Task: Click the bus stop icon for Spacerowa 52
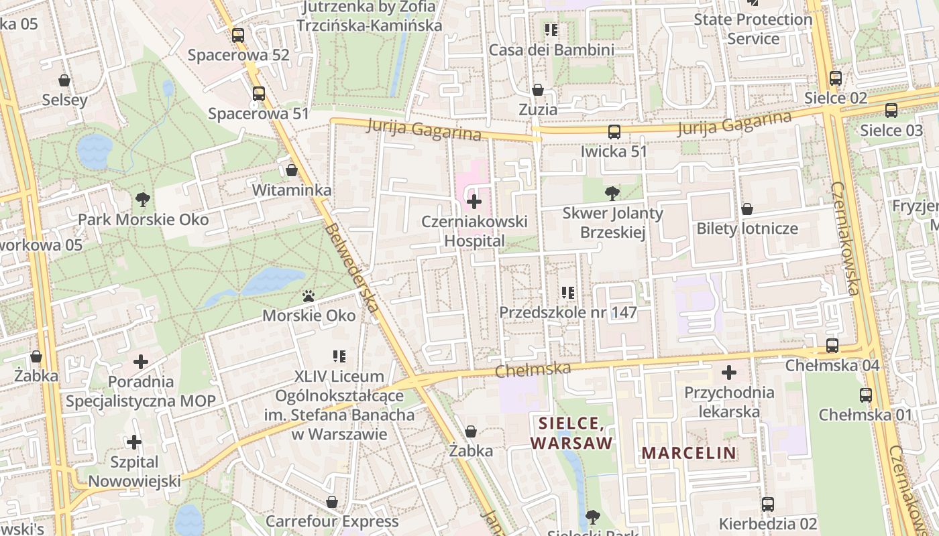coord(238,36)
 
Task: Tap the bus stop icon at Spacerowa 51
coord(259,94)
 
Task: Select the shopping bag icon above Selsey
coord(64,80)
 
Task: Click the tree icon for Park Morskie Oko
coord(142,199)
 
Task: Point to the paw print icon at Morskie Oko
coord(309,295)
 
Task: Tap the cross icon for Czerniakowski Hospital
coord(474,201)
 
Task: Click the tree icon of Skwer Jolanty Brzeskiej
coord(612,194)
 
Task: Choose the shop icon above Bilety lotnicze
coord(747,209)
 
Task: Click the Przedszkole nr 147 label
coord(567,312)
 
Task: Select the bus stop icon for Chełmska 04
coord(832,346)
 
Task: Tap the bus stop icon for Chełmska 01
coord(866,395)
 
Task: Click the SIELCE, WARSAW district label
coord(572,433)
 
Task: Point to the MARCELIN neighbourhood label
coord(689,453)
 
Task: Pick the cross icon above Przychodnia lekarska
coord(729,373)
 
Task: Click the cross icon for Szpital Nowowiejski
coord(134,442)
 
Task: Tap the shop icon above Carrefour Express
coord(332,502)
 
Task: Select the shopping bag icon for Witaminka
coord(292,170)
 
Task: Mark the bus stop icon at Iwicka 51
coord(614,132)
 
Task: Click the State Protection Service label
coord(753,29)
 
